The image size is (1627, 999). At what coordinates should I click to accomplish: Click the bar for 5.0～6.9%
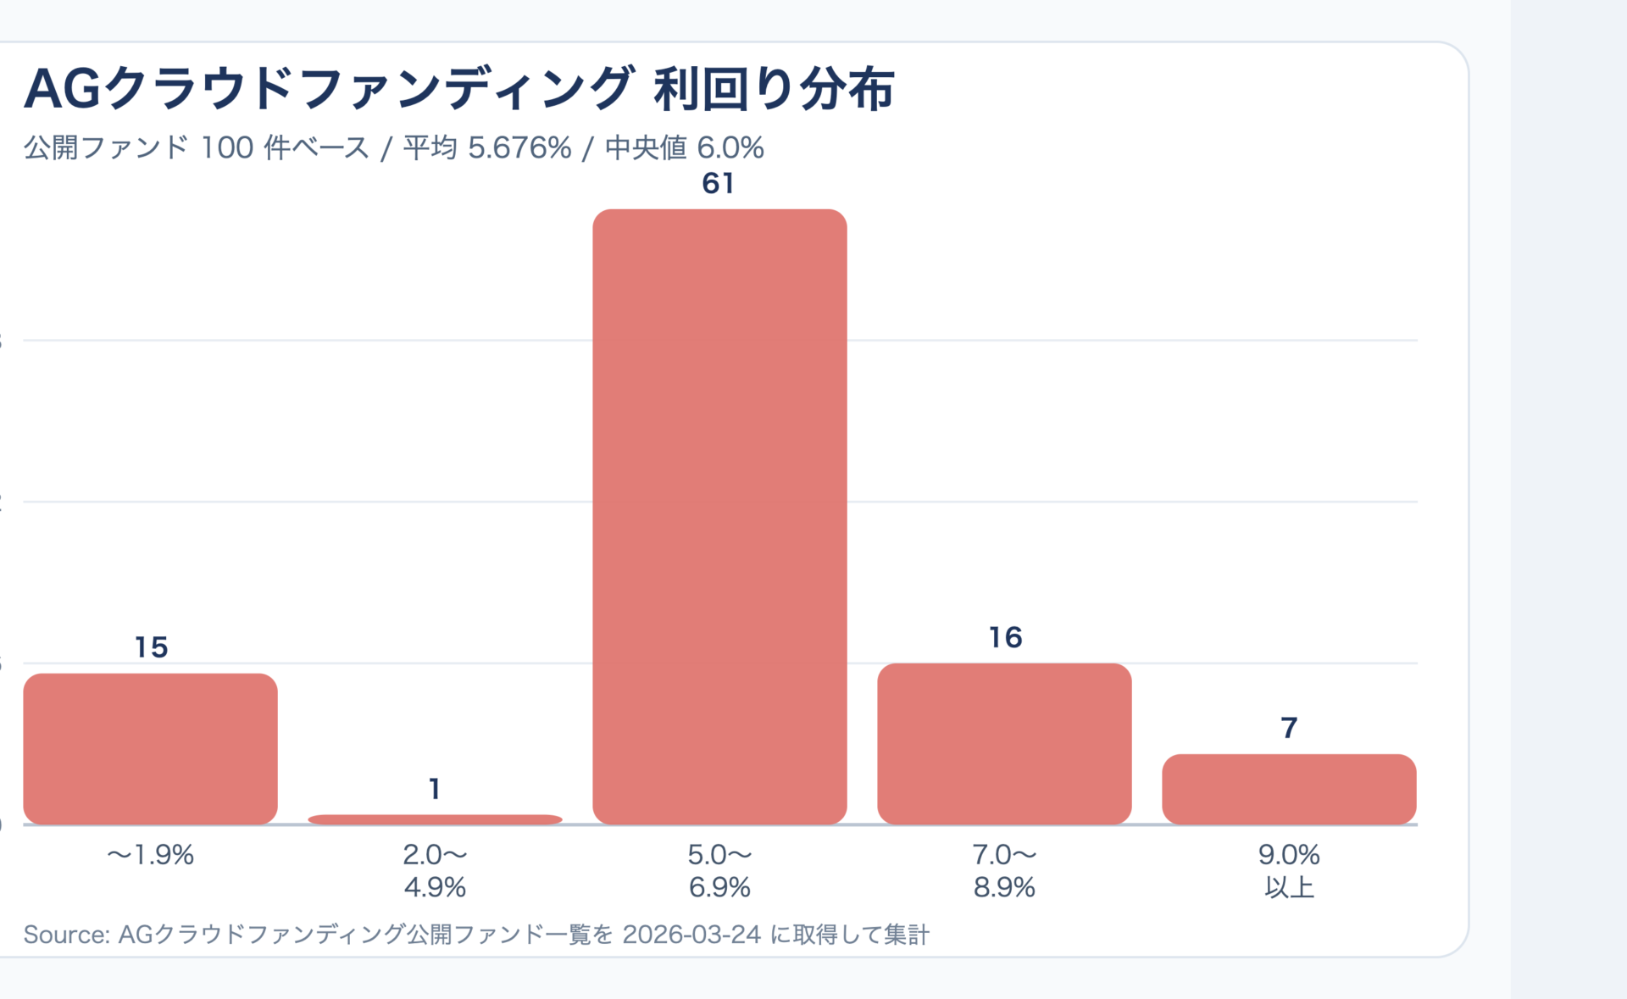(719, 517)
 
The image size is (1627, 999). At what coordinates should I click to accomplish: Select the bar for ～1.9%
(150, 748)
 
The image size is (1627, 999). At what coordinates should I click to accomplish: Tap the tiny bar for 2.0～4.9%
(435, 819)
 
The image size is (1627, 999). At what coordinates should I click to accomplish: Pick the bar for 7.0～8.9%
(1004, 743)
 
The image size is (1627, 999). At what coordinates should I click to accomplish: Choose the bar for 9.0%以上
(1289, 789)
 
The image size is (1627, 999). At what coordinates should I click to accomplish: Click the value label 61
(718, 184)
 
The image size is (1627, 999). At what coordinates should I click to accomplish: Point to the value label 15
(151, 647)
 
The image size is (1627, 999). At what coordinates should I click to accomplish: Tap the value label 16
(1005, 637)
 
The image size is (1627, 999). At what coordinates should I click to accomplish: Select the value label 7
(1289, 728)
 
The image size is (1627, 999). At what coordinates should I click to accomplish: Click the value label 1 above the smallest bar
(435, 789)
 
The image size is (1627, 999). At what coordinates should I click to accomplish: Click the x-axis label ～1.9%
(150, 855)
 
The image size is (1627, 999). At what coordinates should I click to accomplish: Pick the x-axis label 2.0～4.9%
(435, 871)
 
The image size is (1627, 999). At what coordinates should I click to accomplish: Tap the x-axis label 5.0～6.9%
(719, 871)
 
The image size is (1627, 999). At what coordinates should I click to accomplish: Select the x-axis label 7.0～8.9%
(1004, 871)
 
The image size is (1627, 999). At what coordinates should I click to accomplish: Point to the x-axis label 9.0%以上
(1289, 871)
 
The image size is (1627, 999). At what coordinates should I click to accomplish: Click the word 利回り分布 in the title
(774, 89)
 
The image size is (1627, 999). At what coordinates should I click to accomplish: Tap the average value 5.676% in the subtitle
(519, 148)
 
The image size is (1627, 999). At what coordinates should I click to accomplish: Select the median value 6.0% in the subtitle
(730, 148)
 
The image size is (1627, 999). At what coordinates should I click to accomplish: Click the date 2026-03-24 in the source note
(691, 935)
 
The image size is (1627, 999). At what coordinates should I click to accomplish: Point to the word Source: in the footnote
(66, 935)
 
